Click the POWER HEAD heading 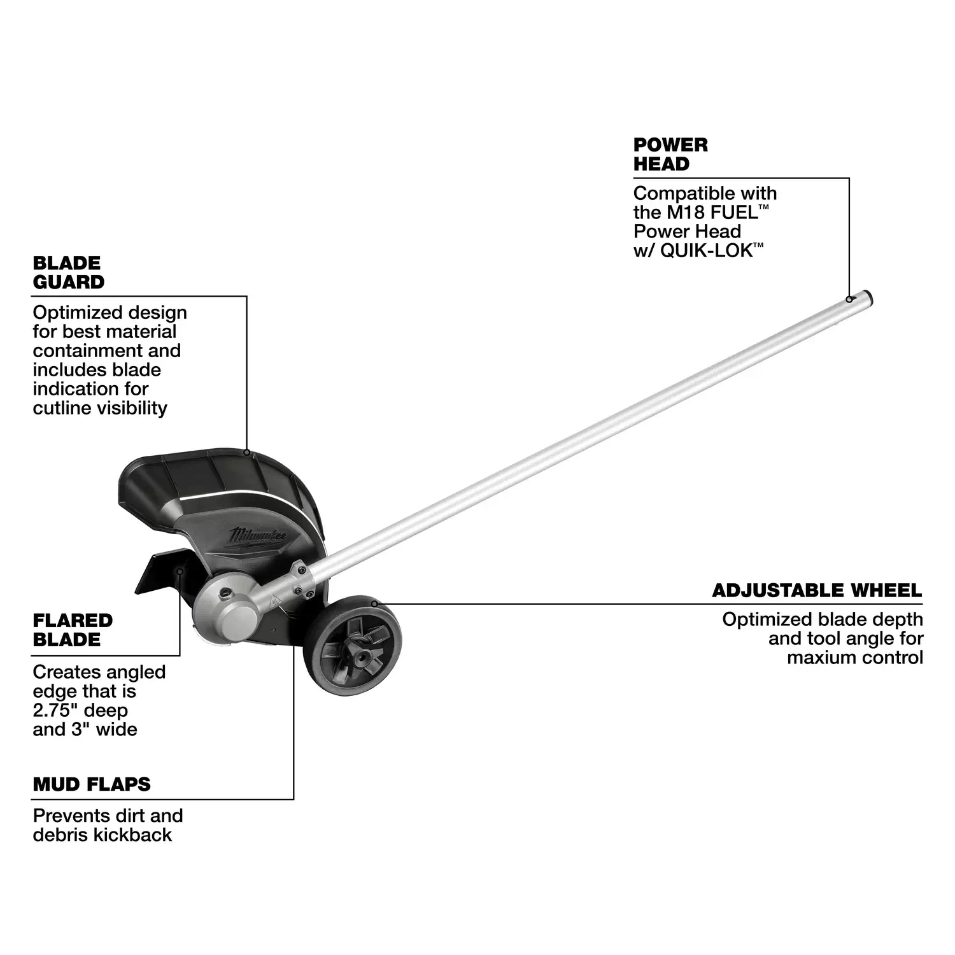[x=670, y=154]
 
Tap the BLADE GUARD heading [x=69, y=272]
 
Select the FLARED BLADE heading [x=73, y=630]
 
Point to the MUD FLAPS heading [x=92, y=784]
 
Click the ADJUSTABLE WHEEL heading [x=817, y=590]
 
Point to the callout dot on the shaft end [x=849, y=299]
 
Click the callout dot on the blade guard [x=246, y=452]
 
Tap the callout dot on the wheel [x=374, y=602]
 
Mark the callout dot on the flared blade [x=180, y=571]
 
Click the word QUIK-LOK [x=706, y=250]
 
